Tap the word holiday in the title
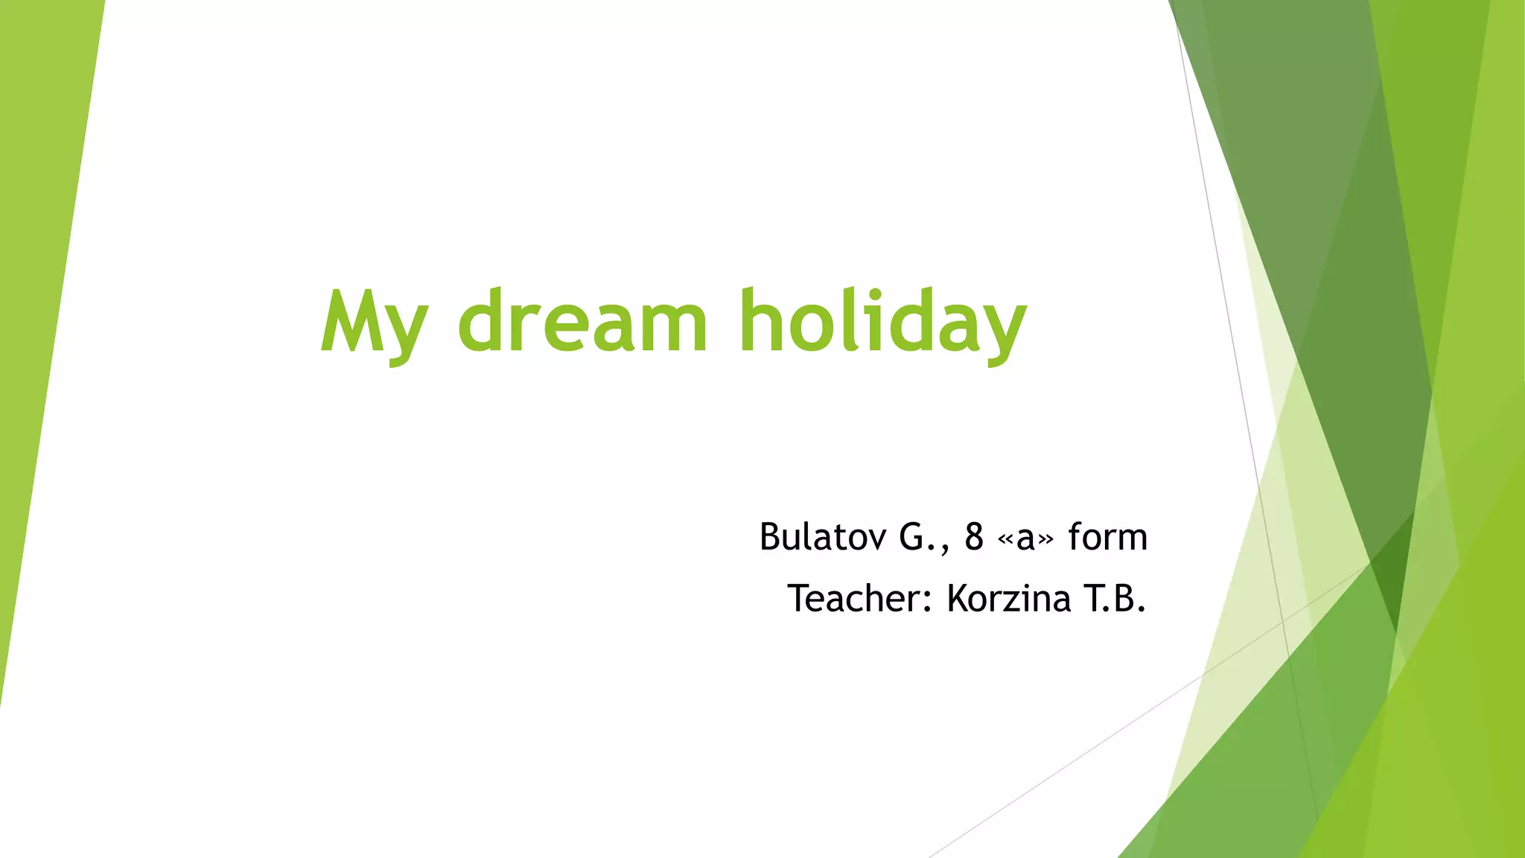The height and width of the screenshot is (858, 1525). point(882,322)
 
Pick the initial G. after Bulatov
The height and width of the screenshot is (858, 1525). point(917,537)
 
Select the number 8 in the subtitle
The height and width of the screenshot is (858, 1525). point(974,536)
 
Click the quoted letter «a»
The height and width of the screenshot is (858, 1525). point(1025,538)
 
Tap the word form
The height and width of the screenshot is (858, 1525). point(1108,536)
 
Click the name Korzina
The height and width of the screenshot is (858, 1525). point(1009,598)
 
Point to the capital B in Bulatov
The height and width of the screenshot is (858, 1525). point(771,536)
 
